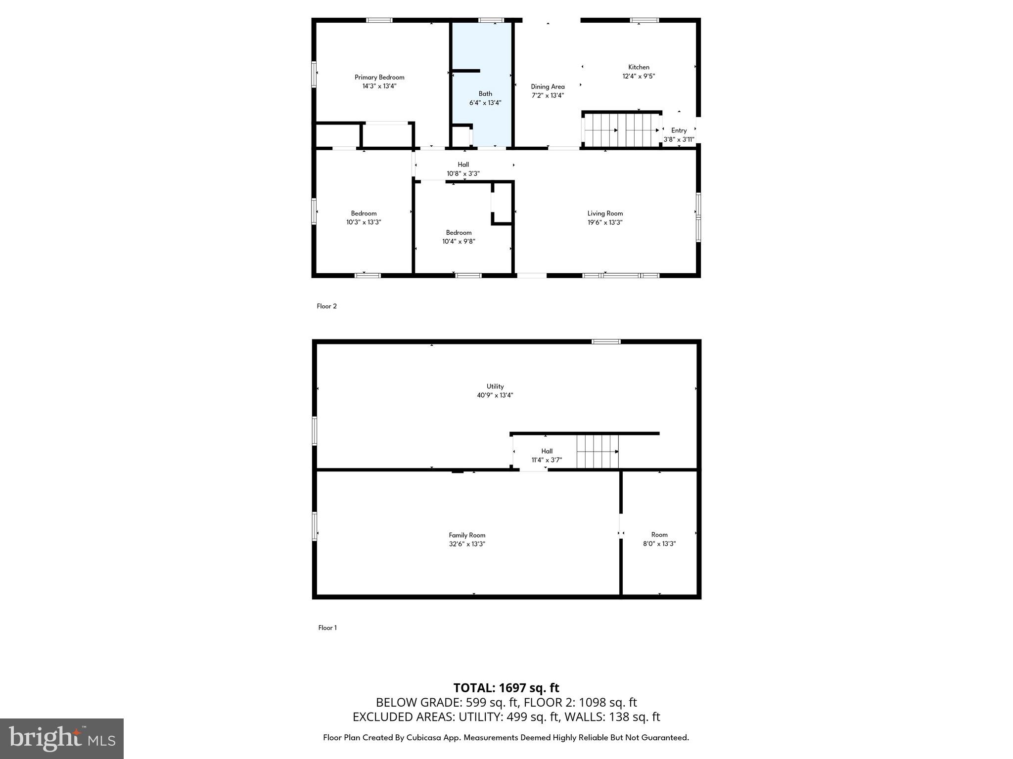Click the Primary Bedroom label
[x=379, y=77]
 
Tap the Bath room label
[x=485, y=93]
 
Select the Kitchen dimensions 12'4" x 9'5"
[x=639, y=76]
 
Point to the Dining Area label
[x=548, y=86]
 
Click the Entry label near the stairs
[x=679, y=130]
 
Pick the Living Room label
[x=605, y=213]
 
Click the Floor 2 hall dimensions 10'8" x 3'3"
[x=463, y=173]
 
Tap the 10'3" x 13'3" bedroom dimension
[x=364, y=222]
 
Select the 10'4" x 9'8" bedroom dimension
[x=459, y=242]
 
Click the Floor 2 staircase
[x=622, y=130]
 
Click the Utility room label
[x=495, y=386]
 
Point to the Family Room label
[x=467, y=535]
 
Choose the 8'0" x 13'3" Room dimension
[x=659, y=544]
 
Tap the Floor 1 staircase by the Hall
[x=598, y=451]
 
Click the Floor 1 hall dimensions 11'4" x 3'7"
[x=547, y=460]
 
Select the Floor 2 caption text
[x=326, y=306]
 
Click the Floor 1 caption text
[x=327, y=628]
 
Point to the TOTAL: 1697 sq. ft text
[x=506, y=688]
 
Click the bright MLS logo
[x=62, y=739]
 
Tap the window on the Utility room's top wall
[x=606, y=341]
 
